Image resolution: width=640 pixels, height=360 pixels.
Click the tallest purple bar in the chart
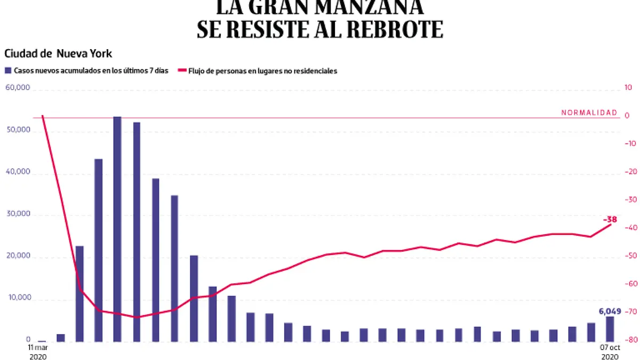pyautogui.click(x=117, y=229)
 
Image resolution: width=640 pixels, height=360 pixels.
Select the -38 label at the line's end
pyautogui.click(x=610, y=219)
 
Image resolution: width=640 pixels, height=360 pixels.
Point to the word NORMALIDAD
pyautogui.click(x=589, y=113)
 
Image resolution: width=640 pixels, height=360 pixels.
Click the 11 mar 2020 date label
pyautogui.click(x=38, y=351)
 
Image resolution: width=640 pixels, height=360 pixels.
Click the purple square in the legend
pyautogui.click(x=7, y=70)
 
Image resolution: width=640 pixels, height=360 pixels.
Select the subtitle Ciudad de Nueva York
pyautogui.click(x=58, y=54)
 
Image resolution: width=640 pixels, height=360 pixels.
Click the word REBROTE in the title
pyautogui.click(x=395, y=29)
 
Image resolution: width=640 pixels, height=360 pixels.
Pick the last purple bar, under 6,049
pyautogui.click(x=610, y=329)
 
